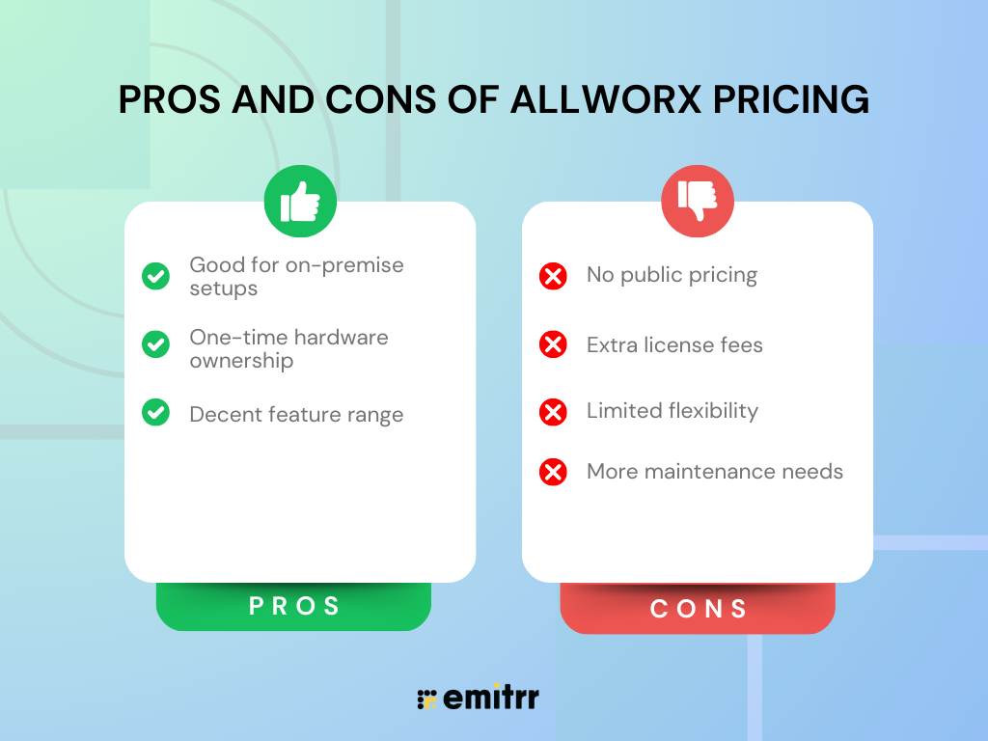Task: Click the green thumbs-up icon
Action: coord(300,202)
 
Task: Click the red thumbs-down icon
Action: coord(698,202)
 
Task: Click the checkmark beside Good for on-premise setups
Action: coord(155,276)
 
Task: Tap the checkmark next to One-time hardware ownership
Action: coord(155,343)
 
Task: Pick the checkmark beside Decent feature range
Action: coord(155,413)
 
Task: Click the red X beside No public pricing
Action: coord(553,276)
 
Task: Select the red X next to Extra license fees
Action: coord(553,344)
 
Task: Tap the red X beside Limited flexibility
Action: coord(553,412)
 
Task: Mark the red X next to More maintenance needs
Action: coord(553,472)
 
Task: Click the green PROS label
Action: coord(294,606)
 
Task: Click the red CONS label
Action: coord(699,609)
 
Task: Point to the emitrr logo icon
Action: coord(426,699)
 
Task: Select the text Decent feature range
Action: coord(296,415)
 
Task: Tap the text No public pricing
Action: coord(672,275)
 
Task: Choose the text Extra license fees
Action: coord(674,344)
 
